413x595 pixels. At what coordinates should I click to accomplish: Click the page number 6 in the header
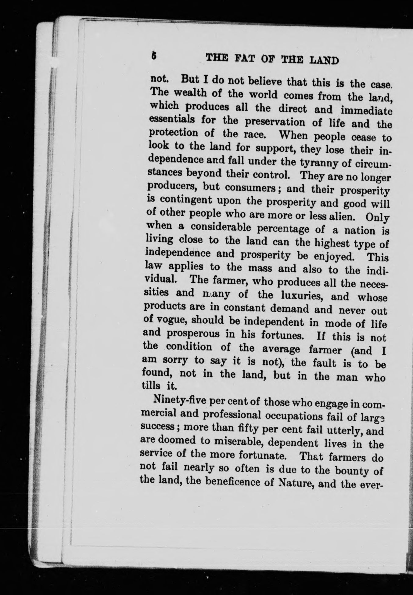[154, 56]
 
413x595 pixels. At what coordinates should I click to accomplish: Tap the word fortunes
[282, 336]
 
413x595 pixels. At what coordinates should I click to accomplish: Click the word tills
[151, 386]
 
